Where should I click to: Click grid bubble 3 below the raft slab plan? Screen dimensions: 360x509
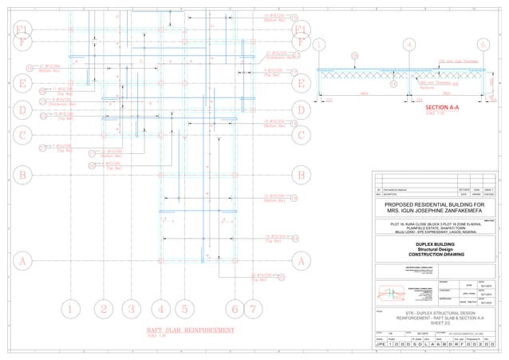pyautogui.click(x=132, y=309)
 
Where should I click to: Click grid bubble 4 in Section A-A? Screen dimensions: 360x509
pyautogui.click(x=408, y=44)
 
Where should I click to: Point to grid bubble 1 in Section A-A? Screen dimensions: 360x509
pyautogui.click(x=320, y=44)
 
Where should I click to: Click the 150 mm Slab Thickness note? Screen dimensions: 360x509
pyautogui.click(x=457, y=61)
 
